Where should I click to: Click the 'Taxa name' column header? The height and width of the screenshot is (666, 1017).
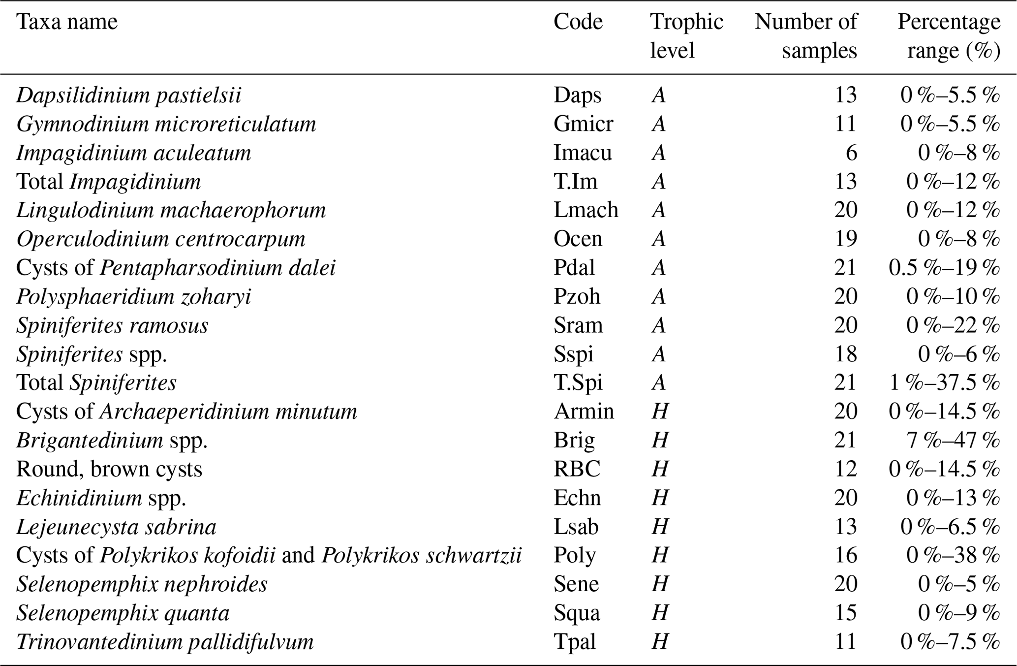[67, 22]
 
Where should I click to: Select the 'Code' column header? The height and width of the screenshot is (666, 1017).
[578, 22]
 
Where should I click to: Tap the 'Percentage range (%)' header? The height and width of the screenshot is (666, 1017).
[949, 36]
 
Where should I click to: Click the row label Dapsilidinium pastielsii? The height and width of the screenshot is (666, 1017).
[129, 95]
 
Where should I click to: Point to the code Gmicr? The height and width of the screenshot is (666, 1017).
[583, 124]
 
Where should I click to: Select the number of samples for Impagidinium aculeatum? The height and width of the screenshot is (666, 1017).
[851, 153]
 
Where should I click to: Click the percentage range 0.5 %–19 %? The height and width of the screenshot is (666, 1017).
[944, 268]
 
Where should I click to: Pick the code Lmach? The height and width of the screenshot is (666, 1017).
[586, 210]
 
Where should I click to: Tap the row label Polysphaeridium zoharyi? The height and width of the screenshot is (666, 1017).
[134, 297]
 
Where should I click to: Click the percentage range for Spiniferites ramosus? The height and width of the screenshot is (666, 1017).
[953, 325]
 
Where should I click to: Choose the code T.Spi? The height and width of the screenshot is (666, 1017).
[578, 383]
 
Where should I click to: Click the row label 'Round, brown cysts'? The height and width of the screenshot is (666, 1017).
[109, 469]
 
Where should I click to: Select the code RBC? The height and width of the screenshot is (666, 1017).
[577, 469]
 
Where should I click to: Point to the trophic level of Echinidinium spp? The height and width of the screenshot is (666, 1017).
[660, 498]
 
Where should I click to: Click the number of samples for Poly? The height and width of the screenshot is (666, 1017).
[846, 555]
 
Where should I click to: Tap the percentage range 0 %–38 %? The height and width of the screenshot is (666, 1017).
[953, 556]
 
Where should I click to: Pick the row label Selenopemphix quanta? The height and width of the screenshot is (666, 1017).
[123, 613]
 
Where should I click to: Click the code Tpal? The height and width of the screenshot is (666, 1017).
[575, 642]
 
